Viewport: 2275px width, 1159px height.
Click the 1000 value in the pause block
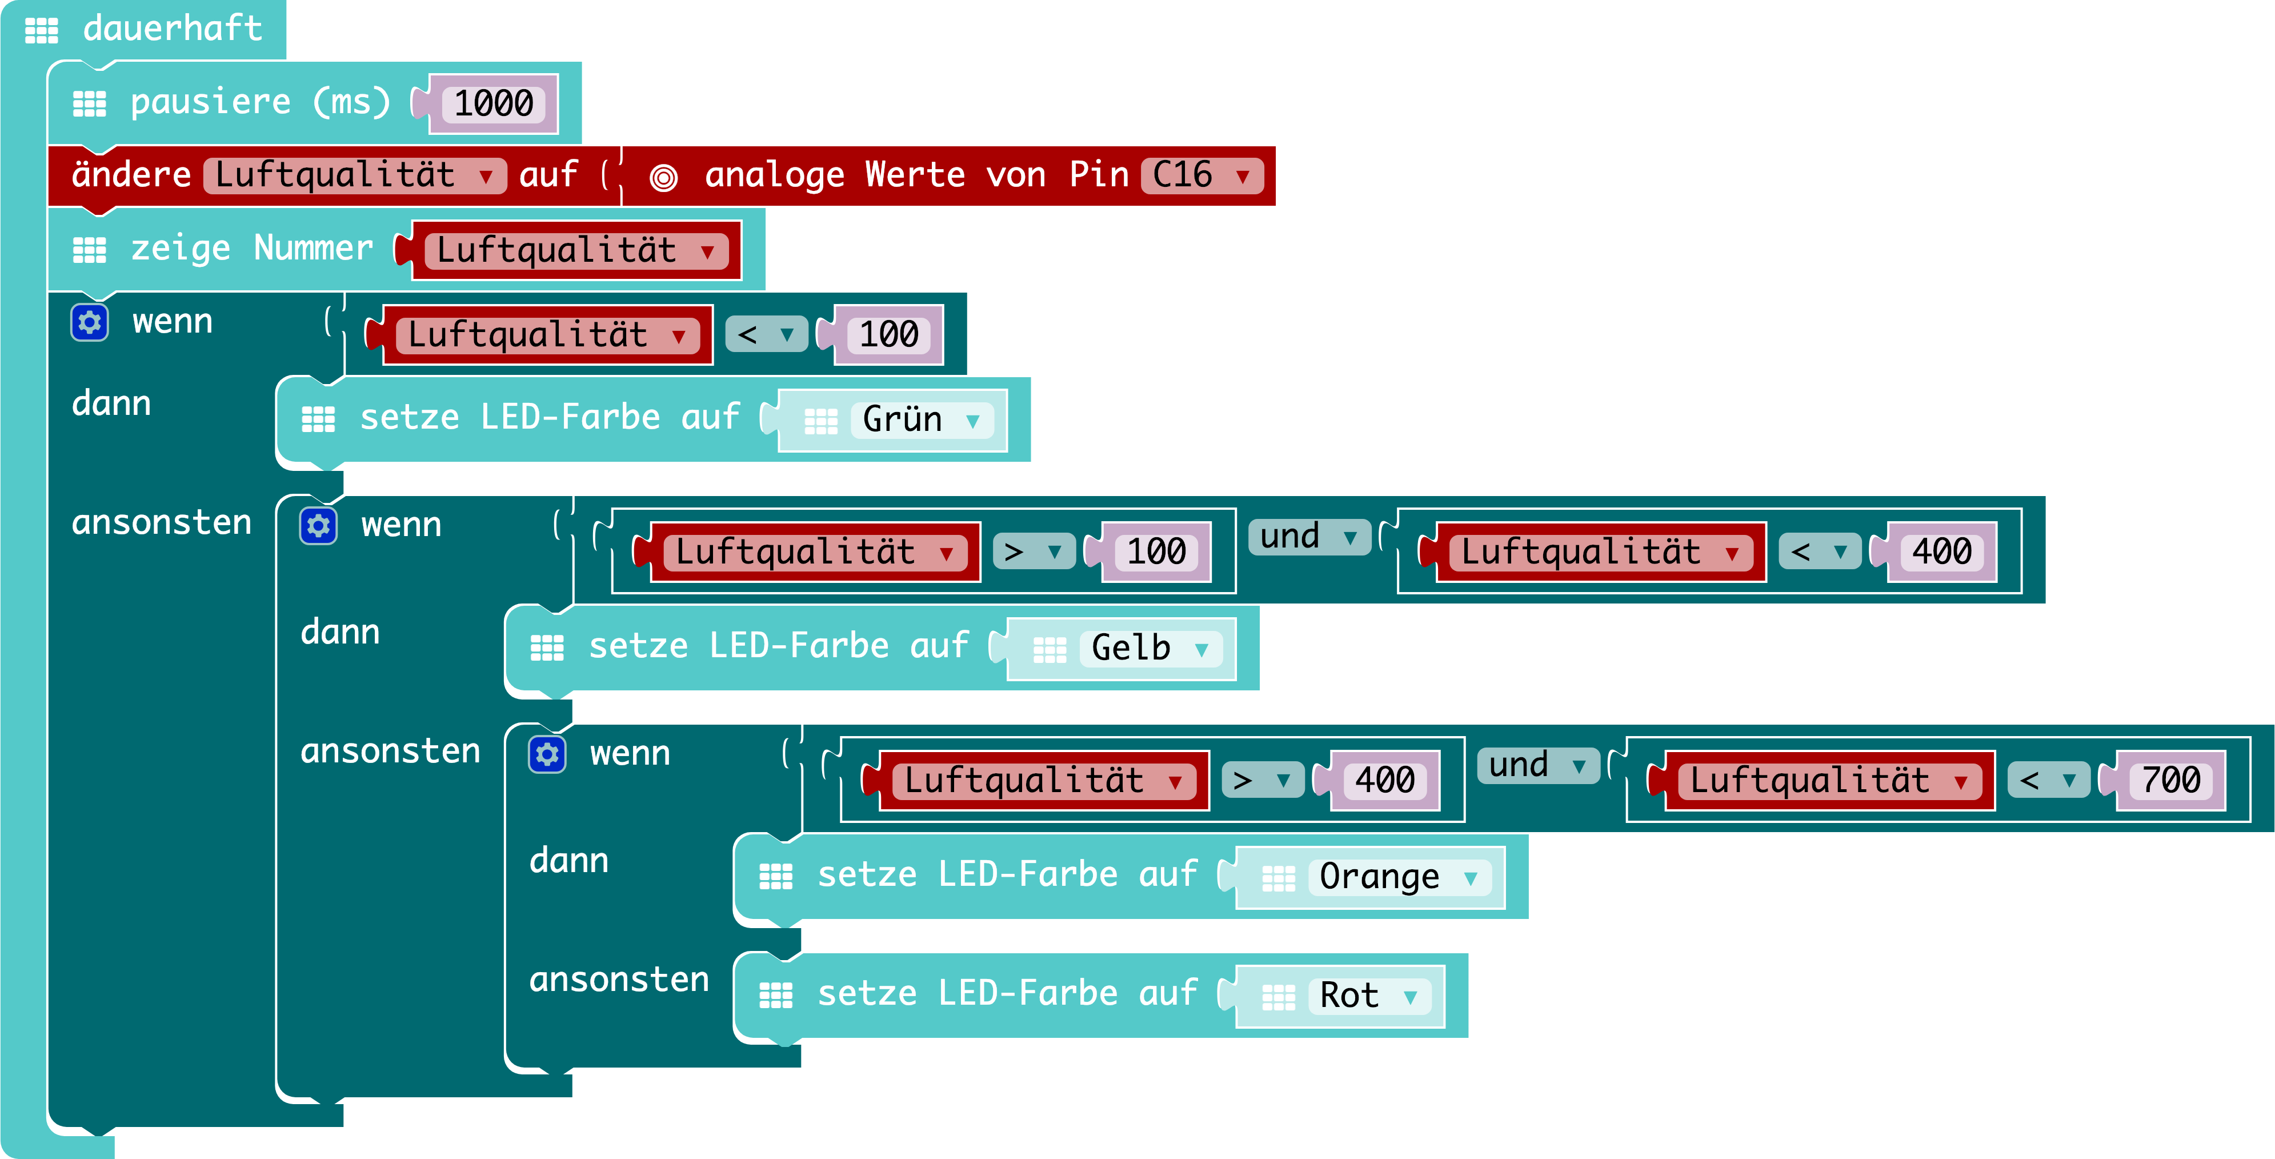[494, 103]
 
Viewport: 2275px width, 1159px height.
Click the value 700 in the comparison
[2172, 780]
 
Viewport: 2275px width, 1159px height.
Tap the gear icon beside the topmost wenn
[89, 322]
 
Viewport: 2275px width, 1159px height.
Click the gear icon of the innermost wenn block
[547, 754]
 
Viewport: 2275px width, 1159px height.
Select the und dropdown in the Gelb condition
[1308, 536]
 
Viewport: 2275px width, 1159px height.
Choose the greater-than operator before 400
[1261, 780]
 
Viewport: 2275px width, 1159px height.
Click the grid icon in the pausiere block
[89, 103]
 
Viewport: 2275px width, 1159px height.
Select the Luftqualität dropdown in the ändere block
[353, 175]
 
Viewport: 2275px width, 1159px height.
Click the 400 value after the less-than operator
[1941, 551]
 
